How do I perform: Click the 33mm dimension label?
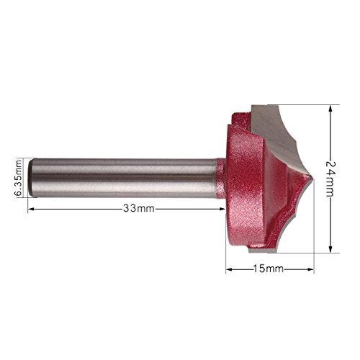(139, 208)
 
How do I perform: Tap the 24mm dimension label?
(330, 179)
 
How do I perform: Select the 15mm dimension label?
(269, 269)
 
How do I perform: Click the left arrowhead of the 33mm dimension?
(31, 210)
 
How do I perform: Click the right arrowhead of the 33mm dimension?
(222, 210)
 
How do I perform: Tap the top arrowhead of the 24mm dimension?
(330, 108)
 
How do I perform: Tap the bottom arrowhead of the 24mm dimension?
(330, 249)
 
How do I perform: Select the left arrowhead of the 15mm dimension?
(229, 269)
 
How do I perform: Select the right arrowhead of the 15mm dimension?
(310, 269)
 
